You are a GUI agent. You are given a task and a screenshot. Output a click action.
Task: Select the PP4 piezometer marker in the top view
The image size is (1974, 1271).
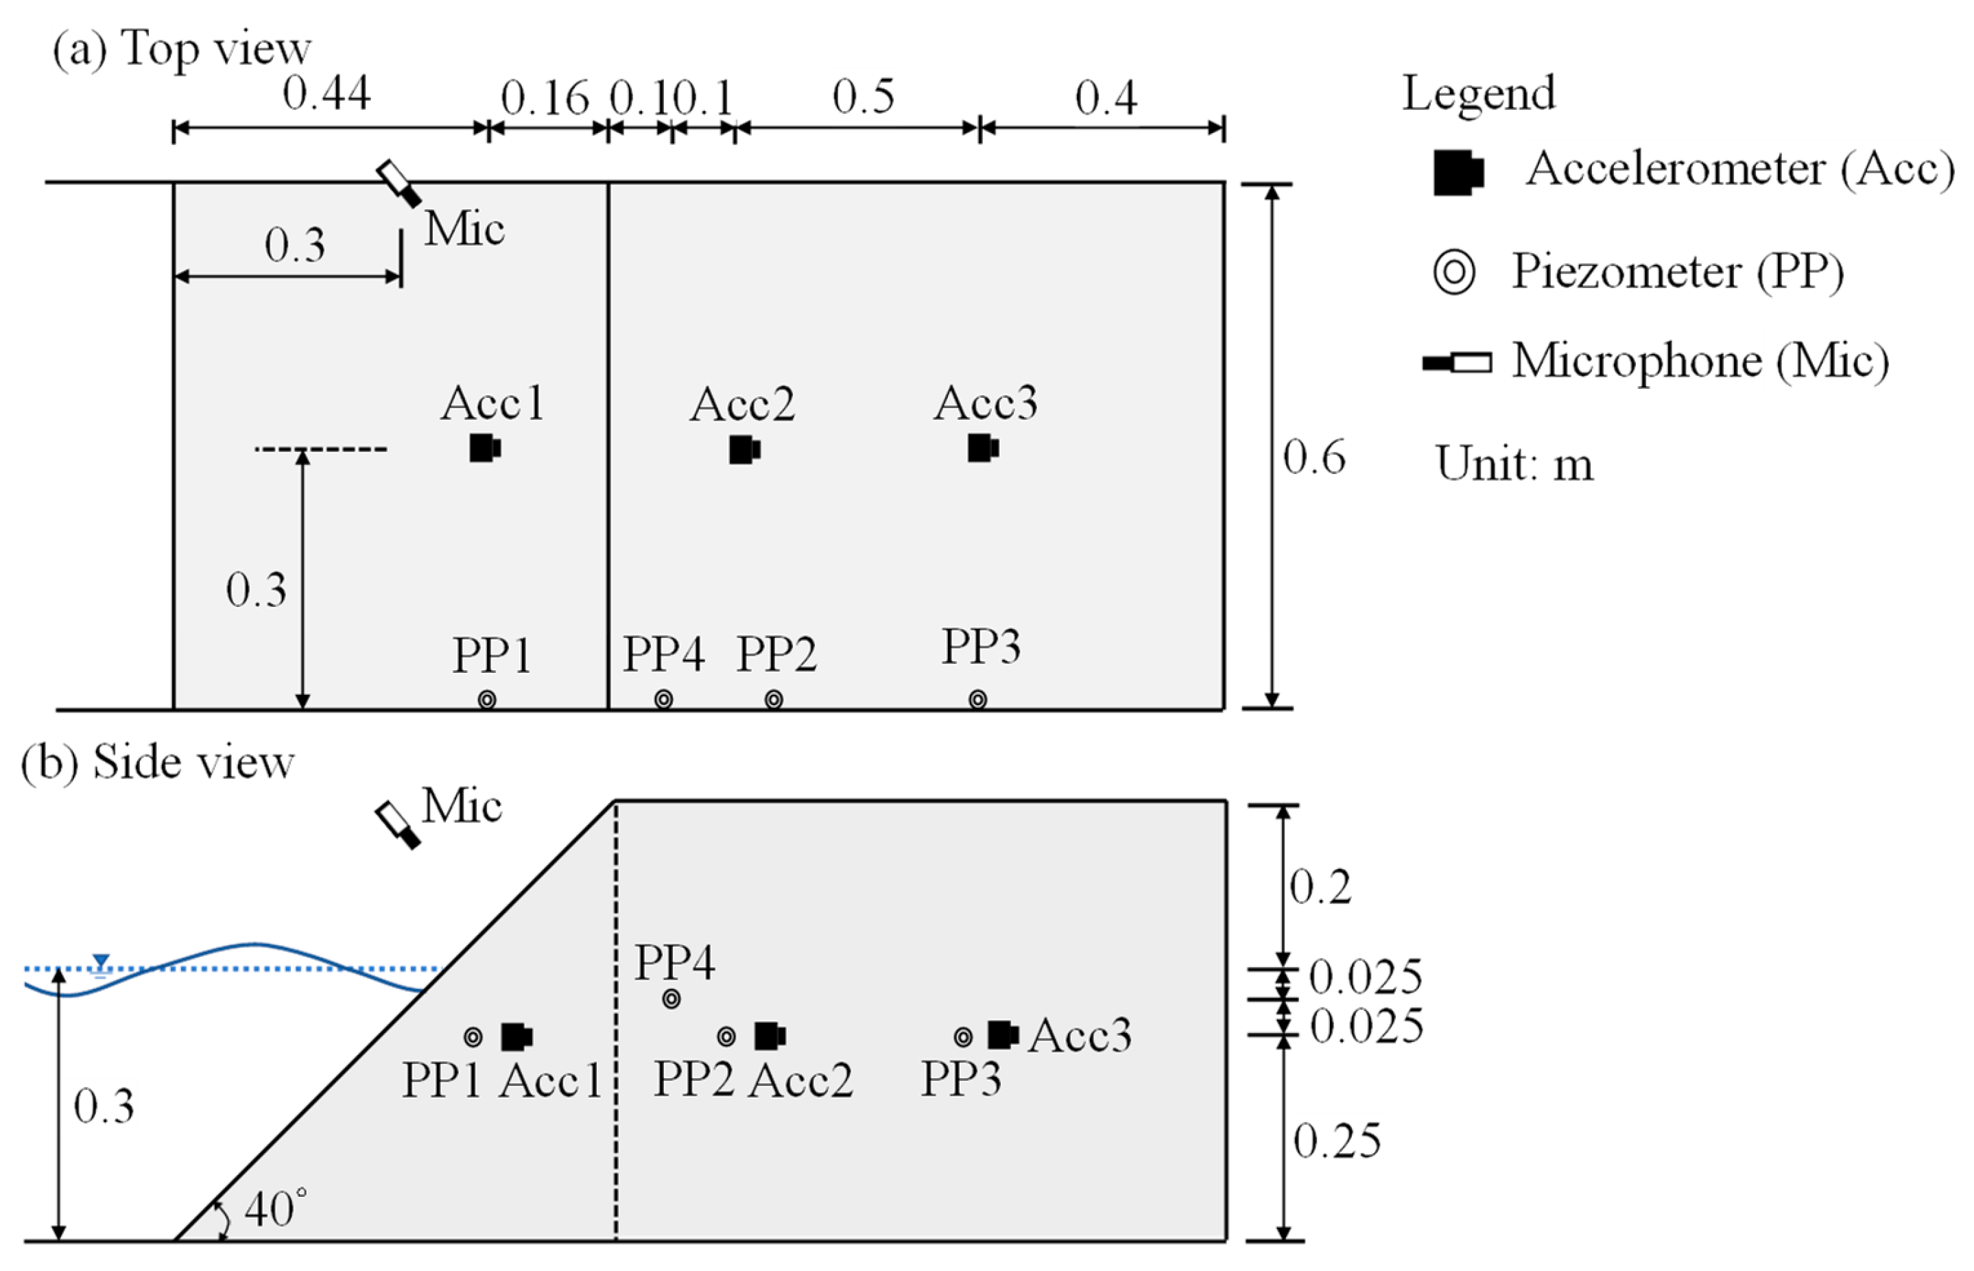click(663, 700)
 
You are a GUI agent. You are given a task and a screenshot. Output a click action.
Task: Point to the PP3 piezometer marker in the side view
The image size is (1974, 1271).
click(963, 1036)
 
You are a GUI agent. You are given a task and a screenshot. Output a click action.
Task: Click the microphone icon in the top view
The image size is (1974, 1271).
click(399, 183)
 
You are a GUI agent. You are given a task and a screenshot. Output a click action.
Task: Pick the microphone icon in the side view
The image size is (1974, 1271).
click(398, 824)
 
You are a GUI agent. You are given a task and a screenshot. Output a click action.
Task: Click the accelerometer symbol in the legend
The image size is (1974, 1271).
click(1458, 172)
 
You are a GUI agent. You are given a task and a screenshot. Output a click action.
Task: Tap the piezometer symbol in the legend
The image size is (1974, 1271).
click(1454, 272)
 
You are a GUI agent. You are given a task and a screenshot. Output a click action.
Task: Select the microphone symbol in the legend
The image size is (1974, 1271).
click(1457, 362)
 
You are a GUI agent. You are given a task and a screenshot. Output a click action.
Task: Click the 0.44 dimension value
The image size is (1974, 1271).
click(326, 93)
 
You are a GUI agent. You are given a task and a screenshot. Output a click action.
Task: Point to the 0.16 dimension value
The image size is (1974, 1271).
click(545, 98)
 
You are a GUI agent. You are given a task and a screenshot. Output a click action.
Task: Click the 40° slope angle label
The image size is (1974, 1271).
click(276, 1210)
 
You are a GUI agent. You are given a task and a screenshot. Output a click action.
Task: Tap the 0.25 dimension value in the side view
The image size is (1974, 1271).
click(1337, 1141)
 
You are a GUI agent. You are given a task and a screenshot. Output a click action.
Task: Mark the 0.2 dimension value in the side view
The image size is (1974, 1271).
click(1320, 887)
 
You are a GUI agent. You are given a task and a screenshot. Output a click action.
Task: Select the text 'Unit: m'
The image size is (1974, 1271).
click(1514, 464)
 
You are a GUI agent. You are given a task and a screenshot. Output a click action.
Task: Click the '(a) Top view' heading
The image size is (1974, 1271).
click(182, 48)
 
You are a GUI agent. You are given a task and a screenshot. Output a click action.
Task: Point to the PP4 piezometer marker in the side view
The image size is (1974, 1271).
click(671, 999)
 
